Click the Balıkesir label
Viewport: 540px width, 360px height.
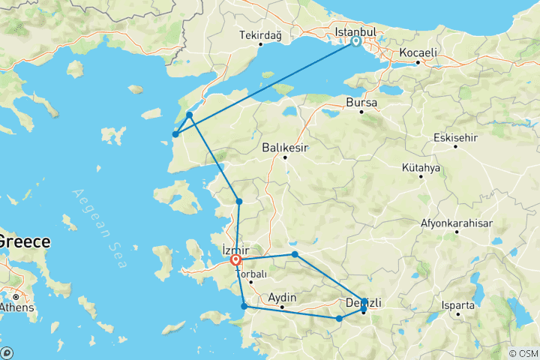tap(284, 148)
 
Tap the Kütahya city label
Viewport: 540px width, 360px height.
tap(421, 166)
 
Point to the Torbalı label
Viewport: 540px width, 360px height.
tap(251, 274)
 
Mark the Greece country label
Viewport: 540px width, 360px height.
tap(24, 241)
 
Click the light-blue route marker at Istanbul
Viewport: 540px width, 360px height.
tap(355, 42)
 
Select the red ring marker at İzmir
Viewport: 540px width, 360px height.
tap(235, 260)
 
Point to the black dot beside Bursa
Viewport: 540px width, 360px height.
tap(361, 112)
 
